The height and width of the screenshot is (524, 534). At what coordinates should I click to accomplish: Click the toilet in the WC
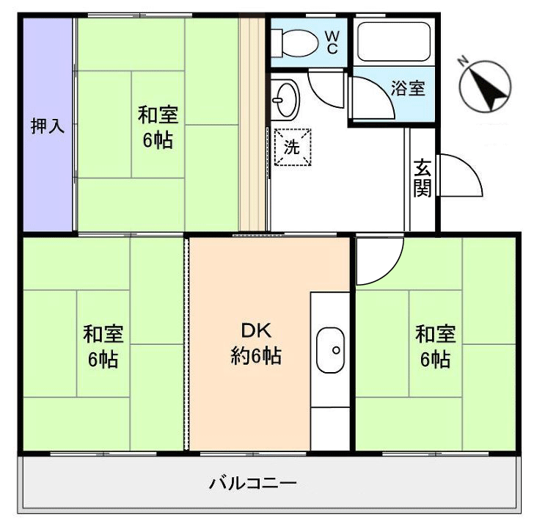pyautogui.click(x=296, y=41)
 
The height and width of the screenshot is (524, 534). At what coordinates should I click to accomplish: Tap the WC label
pyautogui.click(x=331, y=42)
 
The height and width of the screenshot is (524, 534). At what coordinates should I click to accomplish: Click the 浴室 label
pyautogui.click(x=407, y=89)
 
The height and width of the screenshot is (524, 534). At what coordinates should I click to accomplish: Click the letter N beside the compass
pyautogui.click(x=462, y=62)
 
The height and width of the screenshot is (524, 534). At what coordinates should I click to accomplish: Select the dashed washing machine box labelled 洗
pyautogui.click(x=292, y=146)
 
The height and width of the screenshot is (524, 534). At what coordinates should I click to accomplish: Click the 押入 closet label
pyautogui.click(x=47, y=125)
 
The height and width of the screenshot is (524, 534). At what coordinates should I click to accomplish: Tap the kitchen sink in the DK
pyautogui.click(x=331, y=349)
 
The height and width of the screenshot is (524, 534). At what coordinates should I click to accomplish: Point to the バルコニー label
pyautogui.click(x=253, y=484)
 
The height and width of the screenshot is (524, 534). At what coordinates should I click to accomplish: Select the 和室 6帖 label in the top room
pyautogui.click(x=158, y=127)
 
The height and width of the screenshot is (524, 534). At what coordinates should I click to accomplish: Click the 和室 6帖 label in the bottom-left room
pyautogui.click(x=103, y=346)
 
